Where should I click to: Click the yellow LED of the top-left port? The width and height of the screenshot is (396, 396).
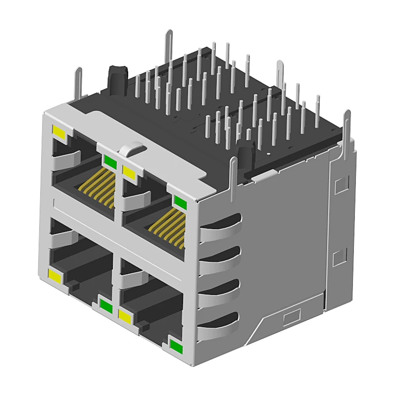[59, 132]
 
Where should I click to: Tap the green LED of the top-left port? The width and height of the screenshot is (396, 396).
[109, 162]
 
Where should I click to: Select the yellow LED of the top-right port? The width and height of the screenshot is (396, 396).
[129, 172]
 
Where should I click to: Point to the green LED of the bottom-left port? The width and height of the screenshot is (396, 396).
[105, 305]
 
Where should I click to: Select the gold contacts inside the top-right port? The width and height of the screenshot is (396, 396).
[167, 226]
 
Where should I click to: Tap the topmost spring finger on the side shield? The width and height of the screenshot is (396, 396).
[221, 228]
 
